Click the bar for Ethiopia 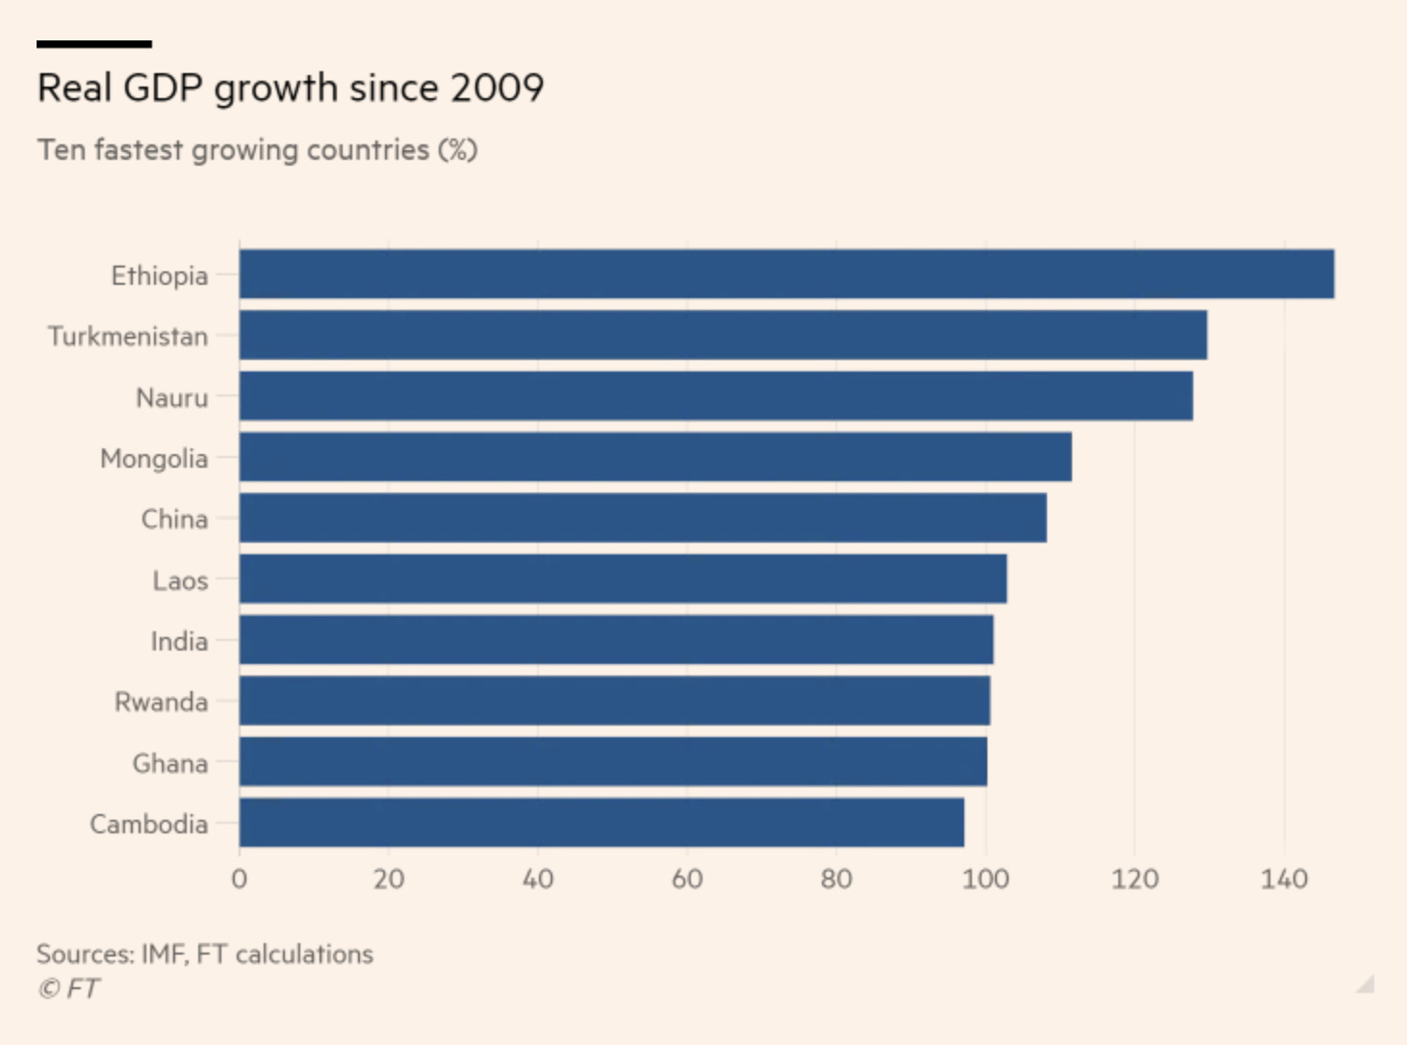pyautogui.click(x=786, y=274)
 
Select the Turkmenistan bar pyautogui.click(x=723, y=335)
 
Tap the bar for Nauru pyautogui.click(x=716, y=396)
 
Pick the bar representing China pyautogui.click(x=643, y=518)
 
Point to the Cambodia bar pyautogui.click(x=601, y=823)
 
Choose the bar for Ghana pyautogui.click(x=613, y=762)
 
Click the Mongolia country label pyautogui.click(x=154, y=458)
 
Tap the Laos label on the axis pyautogui.click(x=180, y=580)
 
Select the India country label pyautogui.click(x=179, y=641)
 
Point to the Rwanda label pyautogui.click(x=161, y=701)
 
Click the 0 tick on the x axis pyautogui.click(x=240, y=879)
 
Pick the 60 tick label pyautogui.click(x=687, y=879)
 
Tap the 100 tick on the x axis pyautogui.click(x=985, y=879)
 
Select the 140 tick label pyautogui.click(x=1284, y=879)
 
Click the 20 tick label pyautogui.click(x=389, y=879)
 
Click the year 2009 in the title pyautogui.click(x=497, y=88)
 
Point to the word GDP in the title pyautogui.click(x=163, y=88)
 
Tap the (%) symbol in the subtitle pyautogui.click(x=457, y=150)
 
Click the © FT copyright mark pyautogui.click(x=68, y=988)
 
